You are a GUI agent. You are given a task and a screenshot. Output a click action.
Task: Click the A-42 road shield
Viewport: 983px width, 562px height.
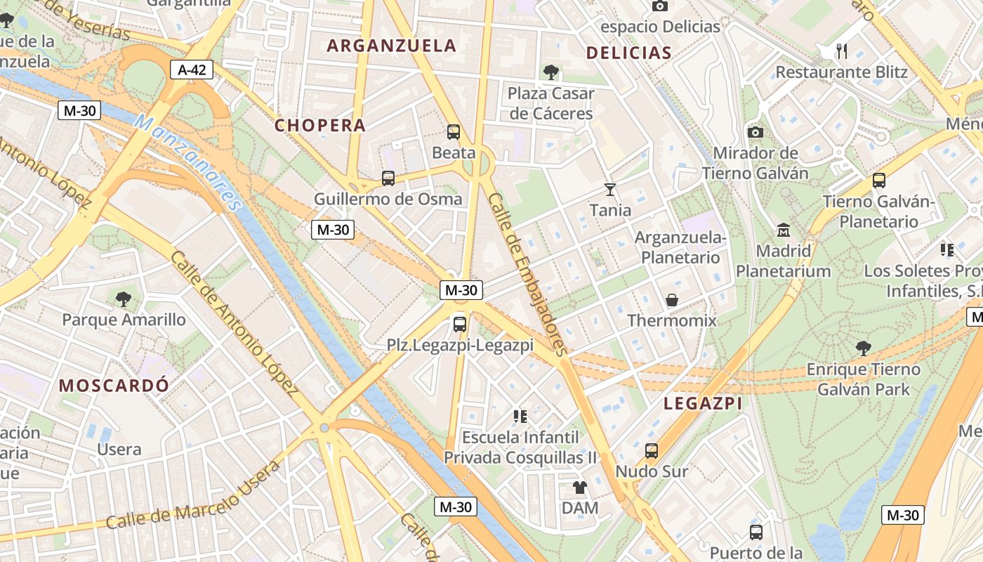(191, 69)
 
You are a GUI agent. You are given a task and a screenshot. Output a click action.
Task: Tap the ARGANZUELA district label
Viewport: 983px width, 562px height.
(392, 46)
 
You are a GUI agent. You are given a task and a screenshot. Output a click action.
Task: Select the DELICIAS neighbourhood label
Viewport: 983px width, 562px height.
(628, 53)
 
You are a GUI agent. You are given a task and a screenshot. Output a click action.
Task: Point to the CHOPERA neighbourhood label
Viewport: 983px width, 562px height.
(320, 126)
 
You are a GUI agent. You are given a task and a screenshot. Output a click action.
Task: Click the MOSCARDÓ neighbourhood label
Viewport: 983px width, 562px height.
(114, 385)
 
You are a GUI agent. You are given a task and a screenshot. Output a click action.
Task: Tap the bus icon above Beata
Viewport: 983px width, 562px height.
(454, 131)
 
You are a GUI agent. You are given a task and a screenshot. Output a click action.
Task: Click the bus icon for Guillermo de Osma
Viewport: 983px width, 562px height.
(388, 178)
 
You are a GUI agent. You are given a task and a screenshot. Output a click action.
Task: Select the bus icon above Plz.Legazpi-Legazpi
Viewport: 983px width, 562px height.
(460, 324)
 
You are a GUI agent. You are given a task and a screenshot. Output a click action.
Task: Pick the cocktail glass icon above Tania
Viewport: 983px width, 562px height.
(610, 189)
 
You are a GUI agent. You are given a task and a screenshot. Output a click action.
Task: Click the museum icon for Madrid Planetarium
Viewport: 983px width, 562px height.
(784, 230)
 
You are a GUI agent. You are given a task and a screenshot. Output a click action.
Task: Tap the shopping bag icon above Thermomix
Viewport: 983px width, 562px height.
(672, 300)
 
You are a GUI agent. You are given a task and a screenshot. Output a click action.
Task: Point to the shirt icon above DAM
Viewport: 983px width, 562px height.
(580, 487)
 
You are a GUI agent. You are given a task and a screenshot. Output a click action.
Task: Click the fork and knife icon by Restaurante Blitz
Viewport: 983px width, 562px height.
(842, 51)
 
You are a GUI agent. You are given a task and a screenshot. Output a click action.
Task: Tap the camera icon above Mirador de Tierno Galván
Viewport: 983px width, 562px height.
(756, 132)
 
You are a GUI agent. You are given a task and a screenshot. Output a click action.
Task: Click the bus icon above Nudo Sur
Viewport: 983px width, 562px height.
(652, 450)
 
